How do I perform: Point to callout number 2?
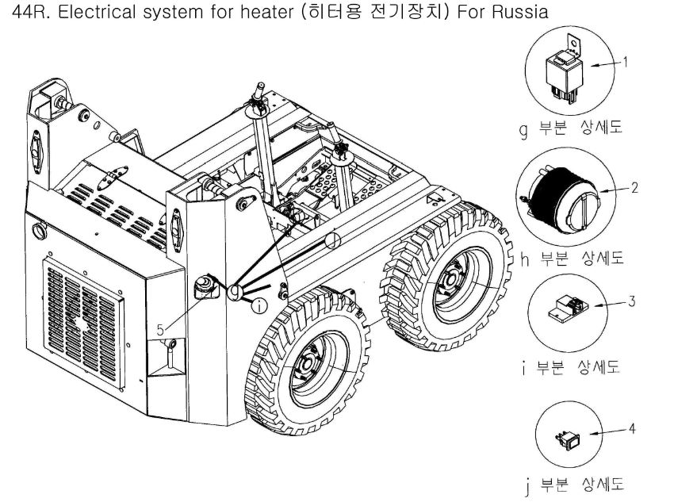[634, 190]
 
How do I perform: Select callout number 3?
[631, 301]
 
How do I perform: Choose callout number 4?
[631, 428]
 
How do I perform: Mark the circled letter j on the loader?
[334, 238]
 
